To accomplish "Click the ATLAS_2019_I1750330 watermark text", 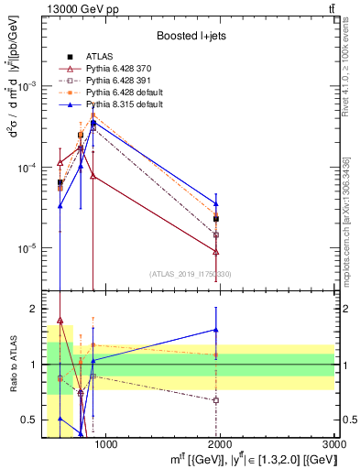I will [x=191, y=274].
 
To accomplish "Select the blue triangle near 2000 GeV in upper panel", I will [x=216, y=203].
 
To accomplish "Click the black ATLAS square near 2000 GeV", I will [x=216, y=219].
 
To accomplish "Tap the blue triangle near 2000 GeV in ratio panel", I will [x=216, y=330].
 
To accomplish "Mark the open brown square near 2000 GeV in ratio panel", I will [x=216, y=400].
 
